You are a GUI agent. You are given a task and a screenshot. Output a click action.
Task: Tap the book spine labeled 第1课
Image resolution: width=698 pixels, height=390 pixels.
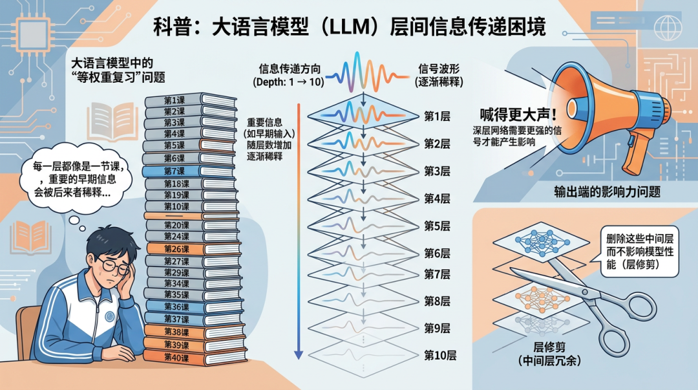tap(174, 101)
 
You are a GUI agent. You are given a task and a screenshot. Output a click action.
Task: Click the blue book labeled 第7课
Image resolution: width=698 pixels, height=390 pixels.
tap(173, 171)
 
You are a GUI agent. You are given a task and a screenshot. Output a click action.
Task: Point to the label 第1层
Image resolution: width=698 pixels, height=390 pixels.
tap(437, 116)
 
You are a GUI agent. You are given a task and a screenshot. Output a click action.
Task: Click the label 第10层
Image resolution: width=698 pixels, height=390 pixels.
tap(440, 355)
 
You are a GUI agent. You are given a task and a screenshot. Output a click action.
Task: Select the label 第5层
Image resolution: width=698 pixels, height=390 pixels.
tap(437, 226)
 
